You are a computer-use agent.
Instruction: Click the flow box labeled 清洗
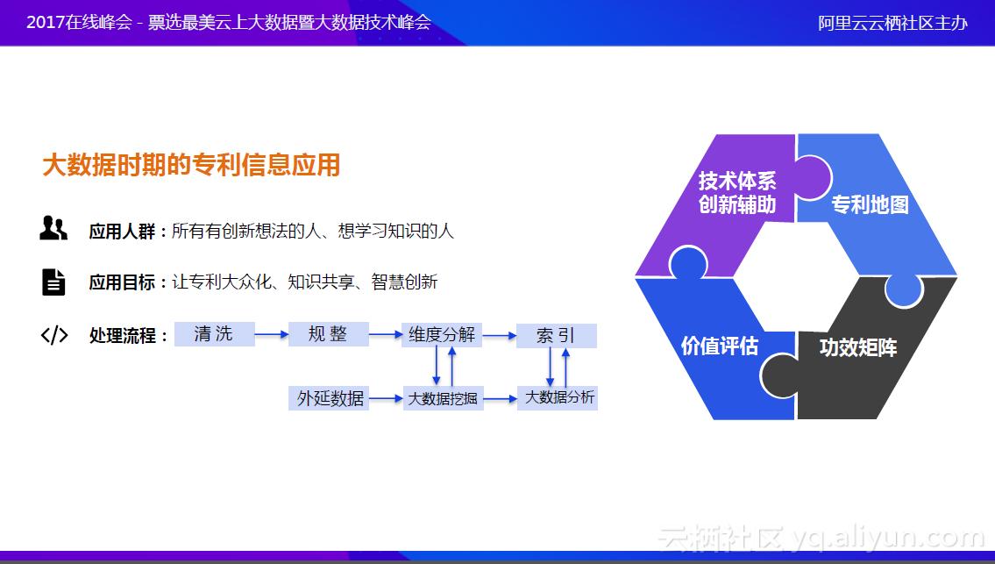click(x=214, y=334)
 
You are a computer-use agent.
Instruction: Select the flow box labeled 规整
click(x=328, y=334)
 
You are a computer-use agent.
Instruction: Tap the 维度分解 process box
click(x=442, y=334)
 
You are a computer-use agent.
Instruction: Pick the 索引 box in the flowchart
click(x=556, y=335)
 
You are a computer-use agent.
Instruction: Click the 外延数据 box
click(x=330, y=398)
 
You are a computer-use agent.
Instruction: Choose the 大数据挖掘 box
click(x=443, y=398)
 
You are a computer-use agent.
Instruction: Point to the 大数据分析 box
click(x=558, y=398)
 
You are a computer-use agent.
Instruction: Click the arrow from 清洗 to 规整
click(x=272, y=334)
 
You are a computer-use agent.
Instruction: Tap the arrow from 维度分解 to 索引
click(x=499, y=335)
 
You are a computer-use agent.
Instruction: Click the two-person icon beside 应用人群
click(x=53, y=230)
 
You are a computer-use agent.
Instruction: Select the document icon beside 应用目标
click(x=53, y=282)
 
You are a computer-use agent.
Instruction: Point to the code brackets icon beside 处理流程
click(x=53, y=335)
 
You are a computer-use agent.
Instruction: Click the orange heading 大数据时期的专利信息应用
click(x=191, y=165)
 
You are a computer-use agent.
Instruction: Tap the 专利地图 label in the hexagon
click(x=869, y=205)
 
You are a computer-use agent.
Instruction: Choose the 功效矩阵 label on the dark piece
click(x=857, y=347)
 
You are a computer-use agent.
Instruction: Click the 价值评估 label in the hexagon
click(x=719, y=346)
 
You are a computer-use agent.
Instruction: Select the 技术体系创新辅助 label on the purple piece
click(x=736, y=193)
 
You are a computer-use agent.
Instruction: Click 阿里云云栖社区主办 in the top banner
click(x=892, y=23)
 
